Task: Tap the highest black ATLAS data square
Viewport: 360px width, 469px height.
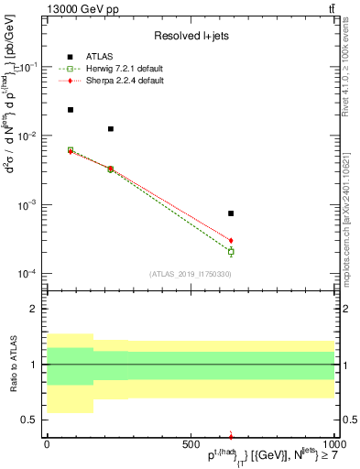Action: pyautogui.click(x=71, y=110)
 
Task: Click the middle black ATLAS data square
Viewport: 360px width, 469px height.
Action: pyautogui.click(x=111, y=129)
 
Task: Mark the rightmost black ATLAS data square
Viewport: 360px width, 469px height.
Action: pyautogui.click(x=231, y=213)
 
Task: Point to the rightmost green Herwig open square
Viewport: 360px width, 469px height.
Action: pyautogui.click(x=231, y=251)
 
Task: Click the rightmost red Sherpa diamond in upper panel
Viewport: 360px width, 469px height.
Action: pyautogui.click(x=231, y=240)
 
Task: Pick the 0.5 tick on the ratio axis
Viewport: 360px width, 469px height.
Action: pyautogui.click(x=32, y=420)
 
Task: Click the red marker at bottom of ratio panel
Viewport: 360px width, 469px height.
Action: pyautogui.click(x=231, y=436)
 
